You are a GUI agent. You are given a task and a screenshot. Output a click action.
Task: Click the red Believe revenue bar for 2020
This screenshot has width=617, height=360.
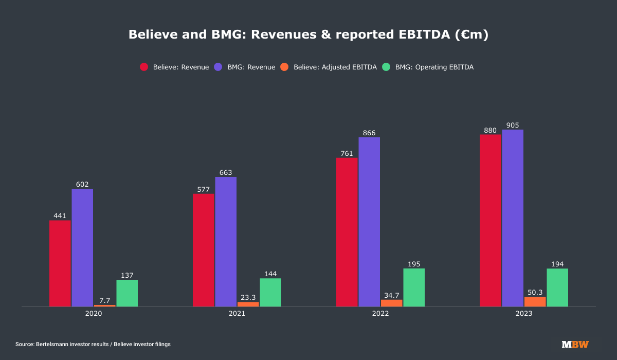[60, 263]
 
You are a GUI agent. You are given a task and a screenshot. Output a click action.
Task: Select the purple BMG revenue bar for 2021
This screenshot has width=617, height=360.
[226, 242]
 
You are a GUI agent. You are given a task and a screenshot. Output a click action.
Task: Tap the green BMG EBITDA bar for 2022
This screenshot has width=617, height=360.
[414, 287]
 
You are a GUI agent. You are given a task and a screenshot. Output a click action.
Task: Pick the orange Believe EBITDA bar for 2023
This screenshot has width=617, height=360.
[535, 301]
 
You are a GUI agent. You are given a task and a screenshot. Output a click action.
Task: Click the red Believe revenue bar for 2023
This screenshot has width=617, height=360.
[491, 221]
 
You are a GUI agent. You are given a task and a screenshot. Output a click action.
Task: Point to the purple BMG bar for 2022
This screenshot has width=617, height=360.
[369, 222]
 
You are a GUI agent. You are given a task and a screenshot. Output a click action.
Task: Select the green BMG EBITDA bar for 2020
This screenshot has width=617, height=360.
[127, 293]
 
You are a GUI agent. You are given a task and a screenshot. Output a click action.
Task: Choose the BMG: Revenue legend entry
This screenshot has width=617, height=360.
[251, 67]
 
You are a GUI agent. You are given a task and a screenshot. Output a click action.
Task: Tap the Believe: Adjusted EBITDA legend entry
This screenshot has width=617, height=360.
[335, 67]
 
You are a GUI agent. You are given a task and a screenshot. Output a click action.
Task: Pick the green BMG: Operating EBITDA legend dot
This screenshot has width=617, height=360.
[387, 67]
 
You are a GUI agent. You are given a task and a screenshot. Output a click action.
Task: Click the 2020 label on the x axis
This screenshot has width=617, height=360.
[94, 313]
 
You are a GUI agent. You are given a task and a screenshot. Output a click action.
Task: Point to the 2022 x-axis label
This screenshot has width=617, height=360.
[380, 313]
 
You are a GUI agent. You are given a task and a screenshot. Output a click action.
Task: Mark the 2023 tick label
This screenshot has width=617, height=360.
[524, 313]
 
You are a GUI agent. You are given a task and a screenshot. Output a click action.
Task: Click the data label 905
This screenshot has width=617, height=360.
[513, 125]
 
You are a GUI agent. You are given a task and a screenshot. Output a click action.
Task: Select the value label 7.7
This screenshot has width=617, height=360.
[105, 300]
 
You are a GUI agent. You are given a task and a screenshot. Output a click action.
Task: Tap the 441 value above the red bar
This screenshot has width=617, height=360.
[60, 216]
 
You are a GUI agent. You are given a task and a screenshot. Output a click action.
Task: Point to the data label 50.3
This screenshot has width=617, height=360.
[535, 292]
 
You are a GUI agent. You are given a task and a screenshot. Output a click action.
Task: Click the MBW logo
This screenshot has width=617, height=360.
[575, 344]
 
